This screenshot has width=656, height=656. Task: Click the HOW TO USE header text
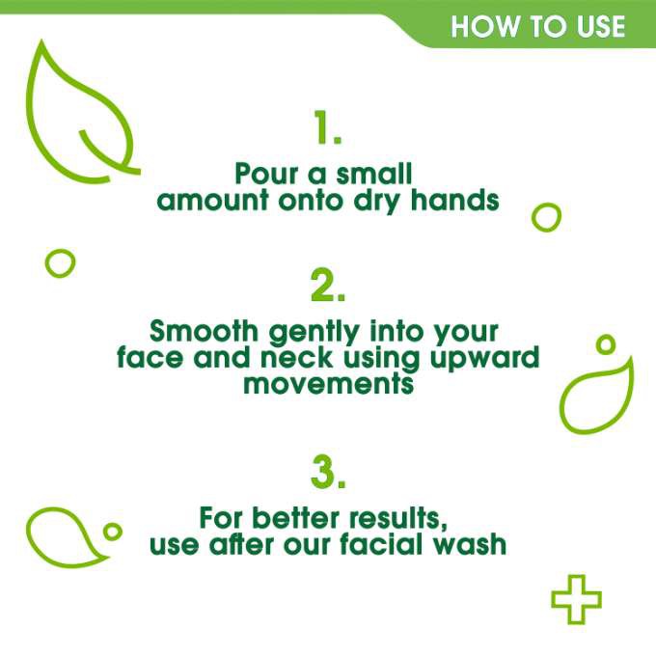click(537, 25)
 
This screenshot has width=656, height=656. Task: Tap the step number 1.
click(327, 127)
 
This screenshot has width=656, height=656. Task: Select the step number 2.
click(327, 286)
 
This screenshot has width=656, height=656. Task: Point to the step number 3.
click(327, 472)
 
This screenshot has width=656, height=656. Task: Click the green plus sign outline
click(576, 599)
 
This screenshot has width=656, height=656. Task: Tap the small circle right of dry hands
click(546, 217)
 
